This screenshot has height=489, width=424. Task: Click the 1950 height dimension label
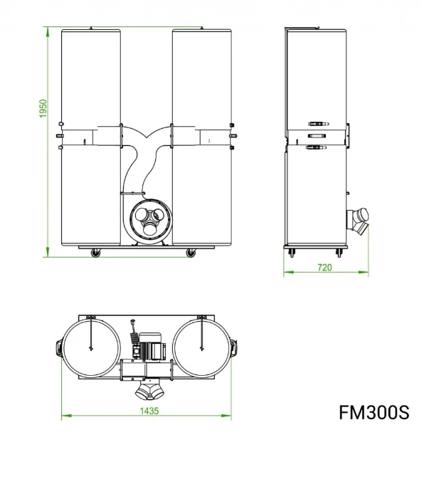43,108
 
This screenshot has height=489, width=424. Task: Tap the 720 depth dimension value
324,268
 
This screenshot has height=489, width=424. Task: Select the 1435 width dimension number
149,411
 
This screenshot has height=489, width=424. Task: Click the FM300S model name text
373,412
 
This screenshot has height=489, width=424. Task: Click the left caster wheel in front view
96,253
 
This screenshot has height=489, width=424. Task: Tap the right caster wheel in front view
191,253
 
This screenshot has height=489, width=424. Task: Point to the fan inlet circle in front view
151,221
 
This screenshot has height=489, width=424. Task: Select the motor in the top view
150,347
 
